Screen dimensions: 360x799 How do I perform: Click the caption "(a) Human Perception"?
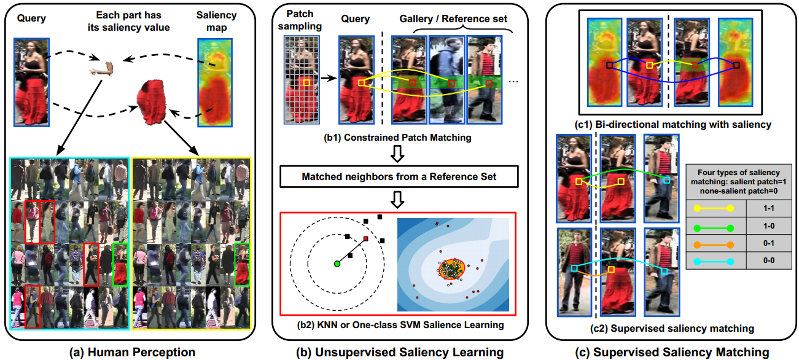[x=133, y=352]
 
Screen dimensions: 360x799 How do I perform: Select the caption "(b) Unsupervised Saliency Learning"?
[x=399, y=352]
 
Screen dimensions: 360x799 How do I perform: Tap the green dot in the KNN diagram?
[x=337, y=264]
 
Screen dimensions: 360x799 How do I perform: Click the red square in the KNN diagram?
[x=365, y=238]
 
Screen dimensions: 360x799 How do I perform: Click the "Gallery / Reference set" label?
[x=451, y=18]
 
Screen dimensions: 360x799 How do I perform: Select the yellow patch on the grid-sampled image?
[x=305, y=81]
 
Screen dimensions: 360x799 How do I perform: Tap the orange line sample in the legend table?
[x=715, y=245]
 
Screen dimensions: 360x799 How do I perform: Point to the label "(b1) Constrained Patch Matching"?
[x=400, y=138]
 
